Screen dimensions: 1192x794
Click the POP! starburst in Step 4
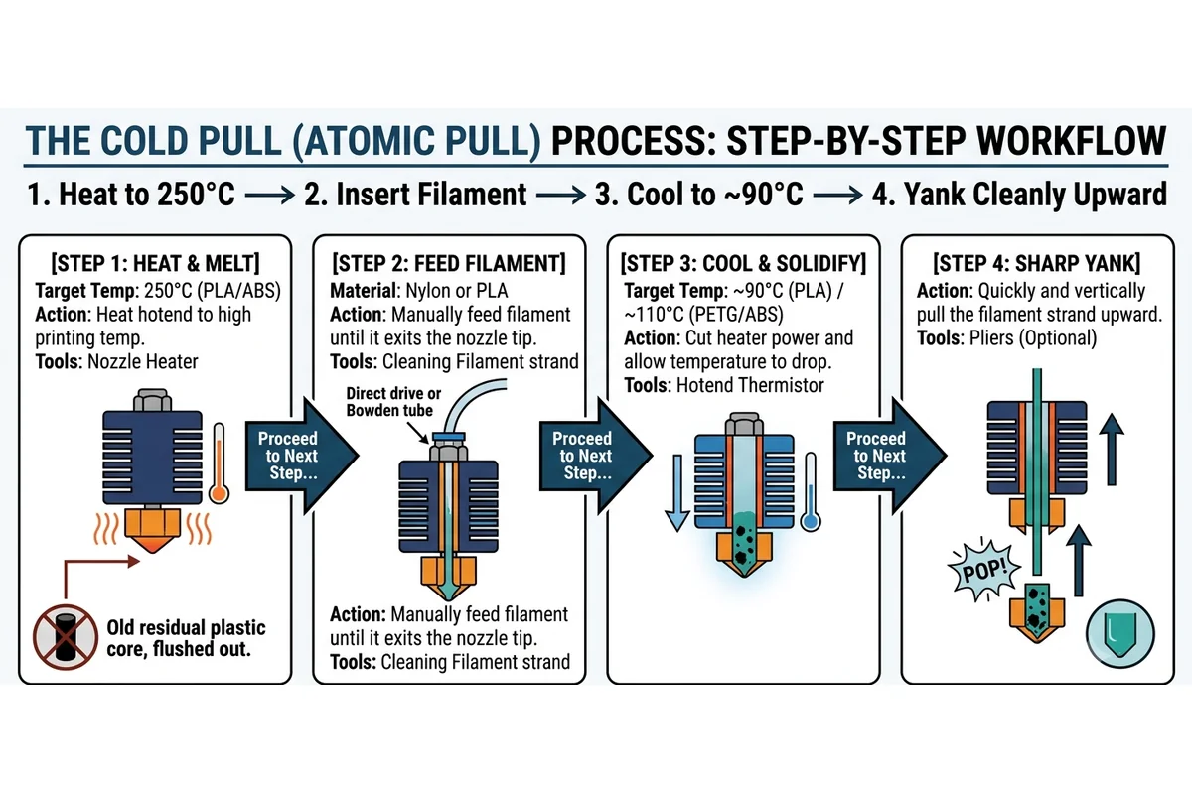pos(984,571)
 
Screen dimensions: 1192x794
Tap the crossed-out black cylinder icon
pos(65,637)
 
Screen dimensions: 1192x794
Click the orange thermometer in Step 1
pos(219,463)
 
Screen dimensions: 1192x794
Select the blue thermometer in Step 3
pos(810,491)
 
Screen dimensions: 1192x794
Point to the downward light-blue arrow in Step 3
pos(677,493)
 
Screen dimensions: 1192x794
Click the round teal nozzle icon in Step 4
pos(1120,634)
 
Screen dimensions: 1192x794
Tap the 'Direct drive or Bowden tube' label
pos(393,402)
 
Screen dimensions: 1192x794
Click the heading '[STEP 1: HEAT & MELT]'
pos(155,263)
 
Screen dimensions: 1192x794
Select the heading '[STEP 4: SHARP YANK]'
pos(1037,263)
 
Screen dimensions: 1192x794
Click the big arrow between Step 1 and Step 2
pos(302,456)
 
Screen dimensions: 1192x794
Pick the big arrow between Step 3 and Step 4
pos(890,456)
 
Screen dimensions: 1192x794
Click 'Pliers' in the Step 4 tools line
pos(993,338)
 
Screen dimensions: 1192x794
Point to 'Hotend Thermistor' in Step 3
pos(750,385)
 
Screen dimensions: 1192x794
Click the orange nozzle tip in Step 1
pos(153,530)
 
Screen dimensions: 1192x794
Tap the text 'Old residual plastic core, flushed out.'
pos(186,638)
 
